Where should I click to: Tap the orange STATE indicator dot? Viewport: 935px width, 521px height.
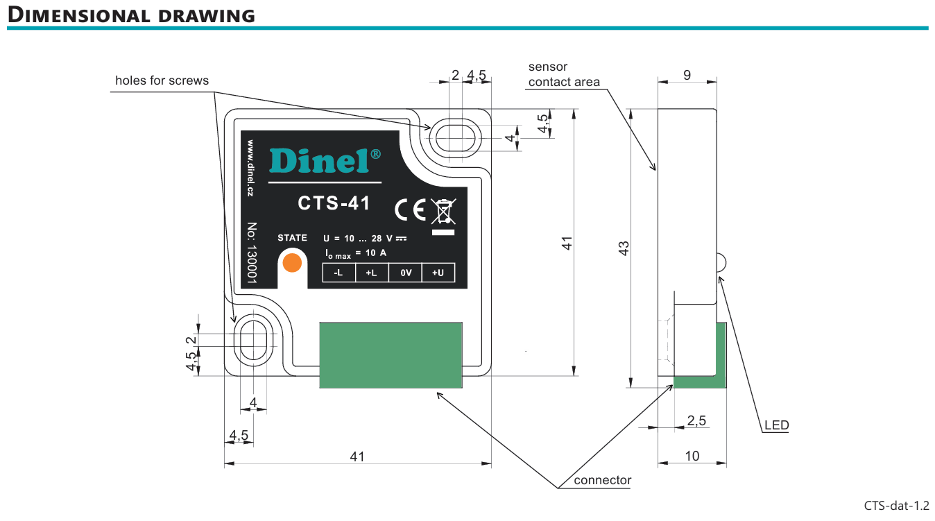coord(293,262)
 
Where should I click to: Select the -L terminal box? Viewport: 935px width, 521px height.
coord(338,273)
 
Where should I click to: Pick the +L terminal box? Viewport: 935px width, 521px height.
coord(371,273)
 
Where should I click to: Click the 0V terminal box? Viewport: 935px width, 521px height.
coord(405,273)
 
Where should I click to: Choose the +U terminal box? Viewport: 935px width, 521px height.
coord(438,273)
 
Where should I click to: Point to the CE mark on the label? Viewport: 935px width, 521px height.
coord(410,209)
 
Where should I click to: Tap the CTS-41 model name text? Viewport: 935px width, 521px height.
coord(334,203)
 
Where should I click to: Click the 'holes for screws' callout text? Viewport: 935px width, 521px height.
coord(162,80)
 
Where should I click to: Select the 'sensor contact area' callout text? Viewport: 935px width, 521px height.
coord(563,74)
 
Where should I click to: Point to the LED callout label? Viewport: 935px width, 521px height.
coord(776,425)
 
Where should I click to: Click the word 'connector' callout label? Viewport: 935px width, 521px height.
coord(603,480)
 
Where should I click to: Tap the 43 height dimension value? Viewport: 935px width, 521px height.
coord(624,248)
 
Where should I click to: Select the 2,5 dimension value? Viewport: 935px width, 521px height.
coord(696,420)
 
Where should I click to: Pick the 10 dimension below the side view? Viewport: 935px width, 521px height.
coord(692,456)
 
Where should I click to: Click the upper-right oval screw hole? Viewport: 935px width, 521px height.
coord(454,135)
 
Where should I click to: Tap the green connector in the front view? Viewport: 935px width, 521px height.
coord(391,355)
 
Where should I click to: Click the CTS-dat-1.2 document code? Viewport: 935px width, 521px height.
coord(896,505)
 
